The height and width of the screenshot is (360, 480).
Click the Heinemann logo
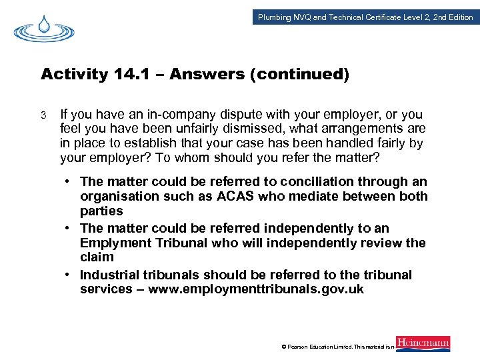pos(423,343)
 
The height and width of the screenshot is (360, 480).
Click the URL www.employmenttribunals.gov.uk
pos(256,289)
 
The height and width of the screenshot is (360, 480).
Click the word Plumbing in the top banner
pos(275,17)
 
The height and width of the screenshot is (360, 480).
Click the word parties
pos(101,211)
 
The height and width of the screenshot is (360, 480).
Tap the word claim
pos(97,257)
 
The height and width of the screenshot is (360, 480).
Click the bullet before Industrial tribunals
pos(69,275)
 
